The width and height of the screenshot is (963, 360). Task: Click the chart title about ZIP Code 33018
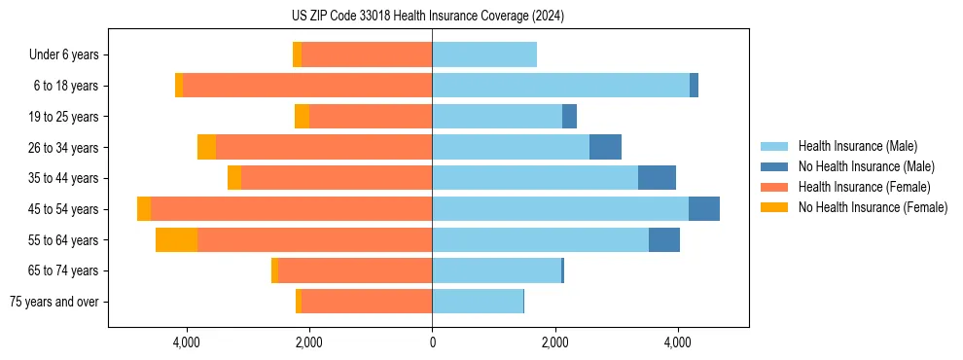(x=428, y=17)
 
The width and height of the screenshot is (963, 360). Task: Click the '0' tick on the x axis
(x=432, y=342)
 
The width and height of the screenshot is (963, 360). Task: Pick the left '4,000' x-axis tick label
(x=186, y=342)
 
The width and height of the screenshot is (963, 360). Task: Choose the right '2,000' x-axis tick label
(x=554, y=342)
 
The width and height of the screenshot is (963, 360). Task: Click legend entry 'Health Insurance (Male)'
(x=857, y=146)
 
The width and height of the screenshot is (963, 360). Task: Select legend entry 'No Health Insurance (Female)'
(x=873, y=207)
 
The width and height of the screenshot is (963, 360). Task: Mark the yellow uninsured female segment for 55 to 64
(x=176, y=240)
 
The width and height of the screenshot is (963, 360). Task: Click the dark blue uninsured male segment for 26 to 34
(x=605, y=147)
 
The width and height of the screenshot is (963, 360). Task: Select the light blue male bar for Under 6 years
(x=484, y=54)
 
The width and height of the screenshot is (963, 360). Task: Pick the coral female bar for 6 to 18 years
(x=307, y=86)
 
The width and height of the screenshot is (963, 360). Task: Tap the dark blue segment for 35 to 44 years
(x=657, y=178)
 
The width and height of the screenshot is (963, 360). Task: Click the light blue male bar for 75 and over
(x=478, y=302)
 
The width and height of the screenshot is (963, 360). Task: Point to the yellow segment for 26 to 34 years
(x=206, y=147)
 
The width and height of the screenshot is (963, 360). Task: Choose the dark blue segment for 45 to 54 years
(x=704, y=209)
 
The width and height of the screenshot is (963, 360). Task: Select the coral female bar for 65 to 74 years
(x=355, y=270)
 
